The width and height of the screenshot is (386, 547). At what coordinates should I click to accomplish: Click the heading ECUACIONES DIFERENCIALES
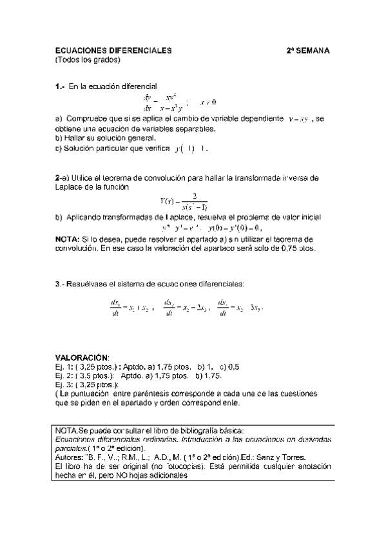click(x=113, y=50)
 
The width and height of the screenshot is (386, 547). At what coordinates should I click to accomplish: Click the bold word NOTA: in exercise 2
click(x=67, y=239)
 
